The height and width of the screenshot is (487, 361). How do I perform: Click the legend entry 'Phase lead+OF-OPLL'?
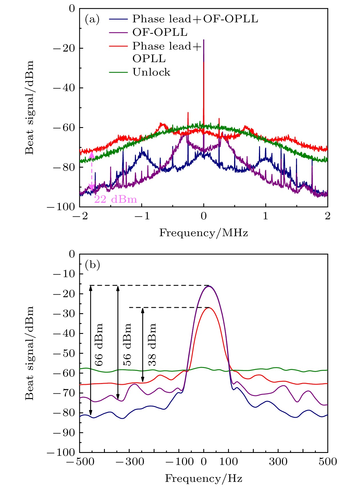[195, 19]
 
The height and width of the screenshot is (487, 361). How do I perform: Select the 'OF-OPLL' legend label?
[160, 32]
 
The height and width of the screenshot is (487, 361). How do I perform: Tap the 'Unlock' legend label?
[151, 72]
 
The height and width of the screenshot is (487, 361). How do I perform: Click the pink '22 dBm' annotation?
[115, 199]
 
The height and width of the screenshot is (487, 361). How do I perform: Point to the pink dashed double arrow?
[92, 171]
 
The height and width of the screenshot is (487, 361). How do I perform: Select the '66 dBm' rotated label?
[99, 345]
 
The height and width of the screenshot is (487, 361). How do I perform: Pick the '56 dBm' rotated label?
[127, 345]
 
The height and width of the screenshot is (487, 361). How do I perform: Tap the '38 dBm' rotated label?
[152, 345]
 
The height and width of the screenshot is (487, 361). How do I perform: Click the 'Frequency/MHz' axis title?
[203, 233]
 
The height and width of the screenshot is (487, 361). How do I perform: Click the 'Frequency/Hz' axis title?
[203, 478]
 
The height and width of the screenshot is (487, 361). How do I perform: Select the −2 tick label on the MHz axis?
[80, 216]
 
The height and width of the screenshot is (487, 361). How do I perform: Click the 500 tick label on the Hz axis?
[327, 462]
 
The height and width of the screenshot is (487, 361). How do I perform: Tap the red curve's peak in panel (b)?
[208, 308]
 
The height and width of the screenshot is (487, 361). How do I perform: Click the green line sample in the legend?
[118, 72]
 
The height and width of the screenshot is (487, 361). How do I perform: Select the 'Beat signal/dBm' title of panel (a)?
[29, 107]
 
